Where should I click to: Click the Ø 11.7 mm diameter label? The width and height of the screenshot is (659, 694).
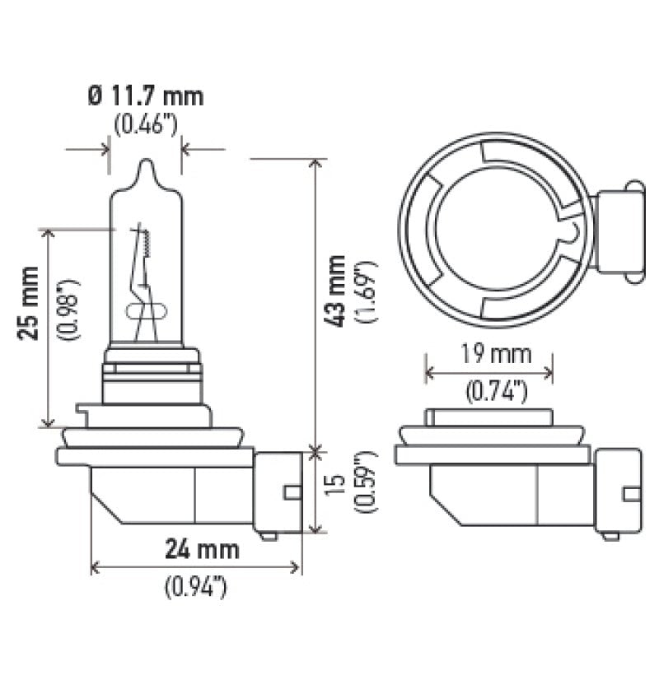click(145, 96)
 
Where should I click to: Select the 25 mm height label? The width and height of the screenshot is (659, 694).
click(29, 314)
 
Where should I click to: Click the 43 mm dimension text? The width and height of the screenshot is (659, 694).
click(336, 292)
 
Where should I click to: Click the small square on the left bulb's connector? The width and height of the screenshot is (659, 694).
click(289, 493)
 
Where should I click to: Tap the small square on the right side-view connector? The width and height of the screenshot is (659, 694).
click(632, 494)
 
